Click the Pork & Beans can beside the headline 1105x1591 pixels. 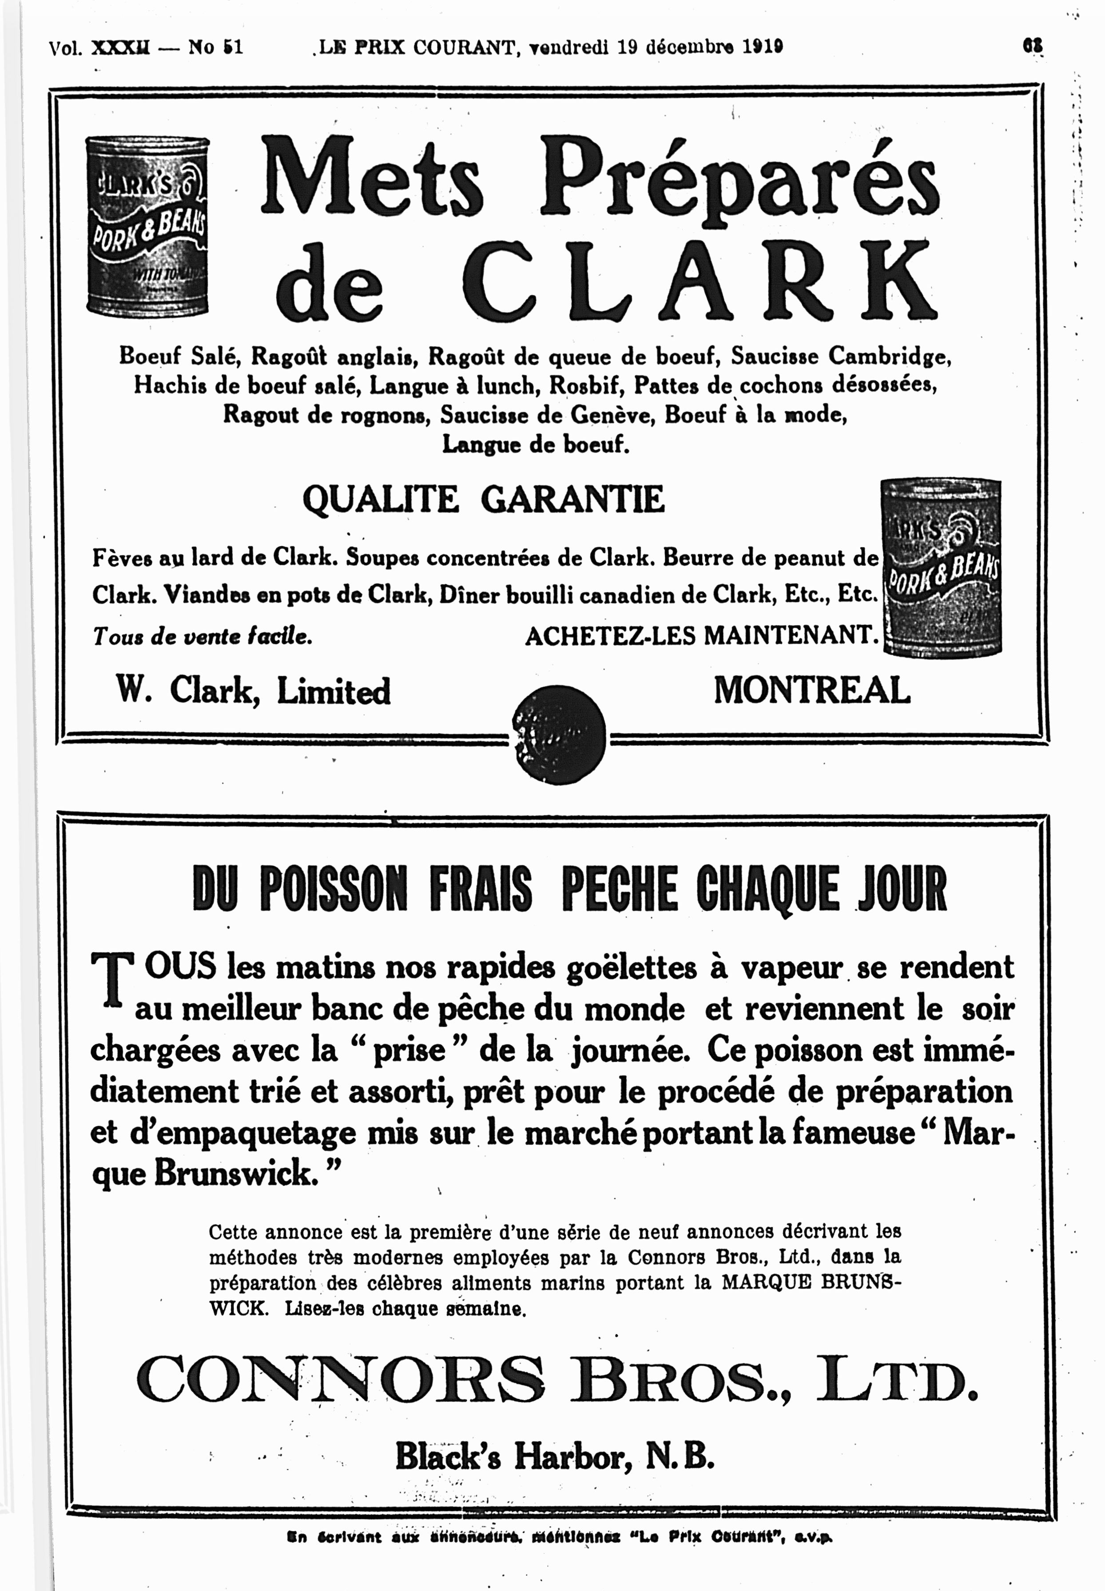pos(147,226)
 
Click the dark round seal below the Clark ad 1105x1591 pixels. pos(560,734)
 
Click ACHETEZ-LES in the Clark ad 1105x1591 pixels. pos(609,636)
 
